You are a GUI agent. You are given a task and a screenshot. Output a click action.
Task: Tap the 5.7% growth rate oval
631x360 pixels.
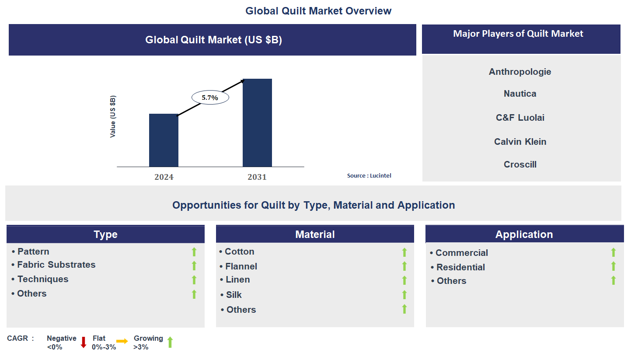[x=210, y=98]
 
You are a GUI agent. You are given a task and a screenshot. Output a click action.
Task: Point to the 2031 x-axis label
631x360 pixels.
[x=257, y=177]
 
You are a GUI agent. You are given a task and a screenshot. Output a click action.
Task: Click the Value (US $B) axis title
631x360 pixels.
[x=113, y=116]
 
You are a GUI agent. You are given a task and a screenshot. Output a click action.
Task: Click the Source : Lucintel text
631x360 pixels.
[x=369, y=175]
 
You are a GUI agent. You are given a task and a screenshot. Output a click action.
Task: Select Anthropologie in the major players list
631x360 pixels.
[x=520, y=72]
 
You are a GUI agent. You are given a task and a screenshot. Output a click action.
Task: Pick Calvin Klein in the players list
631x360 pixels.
[x=520, y=142]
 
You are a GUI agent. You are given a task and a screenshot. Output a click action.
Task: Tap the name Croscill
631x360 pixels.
[x=520, y=164]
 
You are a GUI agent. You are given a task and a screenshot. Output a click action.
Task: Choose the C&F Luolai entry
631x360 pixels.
[x=520, y=118]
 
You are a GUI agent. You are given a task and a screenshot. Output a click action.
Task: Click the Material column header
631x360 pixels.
[x=315, y=234]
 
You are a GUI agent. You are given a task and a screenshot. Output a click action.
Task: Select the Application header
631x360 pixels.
[x=524, y=234]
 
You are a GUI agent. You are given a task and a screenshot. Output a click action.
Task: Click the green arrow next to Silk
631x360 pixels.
[x=404, y=295]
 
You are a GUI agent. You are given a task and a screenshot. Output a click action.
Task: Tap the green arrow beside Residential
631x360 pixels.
[x=613, y=266]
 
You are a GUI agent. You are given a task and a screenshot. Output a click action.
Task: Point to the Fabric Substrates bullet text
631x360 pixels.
[x=56, y=265]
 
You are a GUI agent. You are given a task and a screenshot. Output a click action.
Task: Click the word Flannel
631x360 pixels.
[x=241, y=266]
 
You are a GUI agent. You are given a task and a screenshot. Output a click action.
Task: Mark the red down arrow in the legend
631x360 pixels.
[x=84, y=343]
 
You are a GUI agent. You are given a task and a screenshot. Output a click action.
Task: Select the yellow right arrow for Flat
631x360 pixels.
[x=122, y=342]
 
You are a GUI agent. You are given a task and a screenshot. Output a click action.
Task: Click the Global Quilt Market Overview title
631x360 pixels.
[x=318, y=11]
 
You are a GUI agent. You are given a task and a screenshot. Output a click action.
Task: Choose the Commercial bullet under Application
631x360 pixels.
[x=461, y=253]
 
